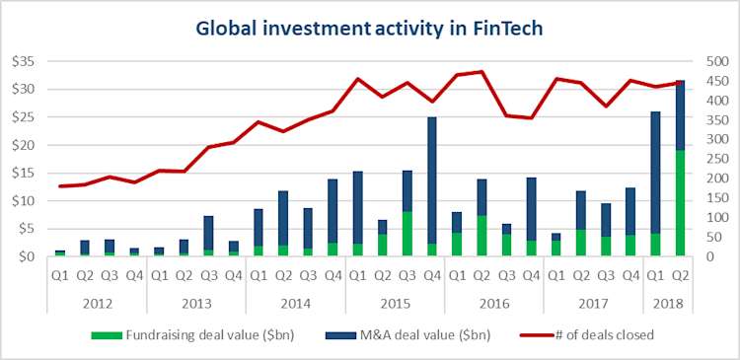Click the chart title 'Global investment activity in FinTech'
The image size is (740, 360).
370,29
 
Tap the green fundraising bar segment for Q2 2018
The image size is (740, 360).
681,203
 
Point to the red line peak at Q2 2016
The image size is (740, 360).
481,72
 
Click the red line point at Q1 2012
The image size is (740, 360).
59,186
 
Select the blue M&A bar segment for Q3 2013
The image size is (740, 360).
208,233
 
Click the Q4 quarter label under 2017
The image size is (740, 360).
630,274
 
